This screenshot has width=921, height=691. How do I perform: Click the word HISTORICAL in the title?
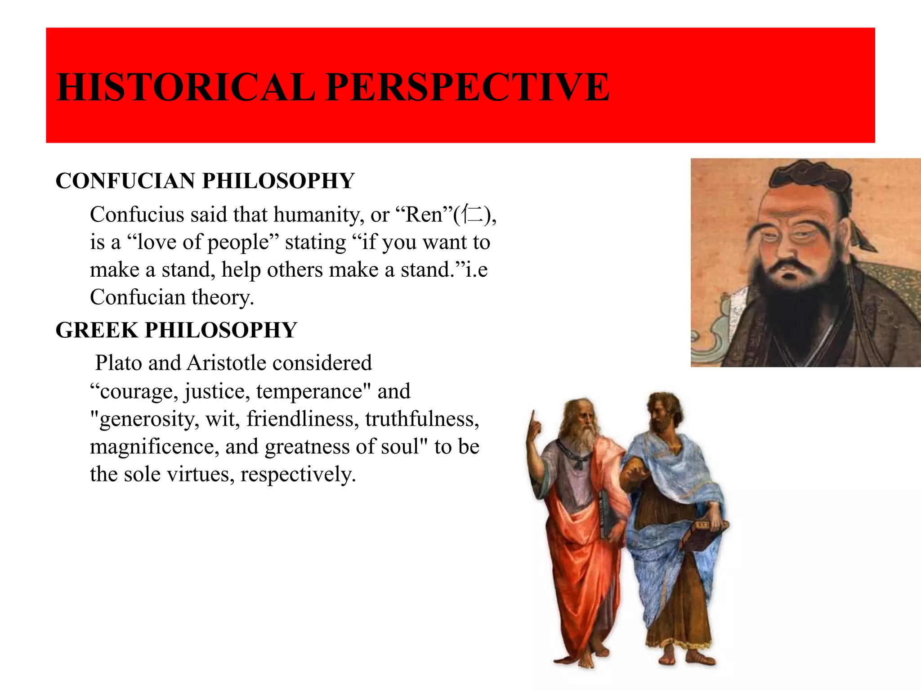pos(186,87)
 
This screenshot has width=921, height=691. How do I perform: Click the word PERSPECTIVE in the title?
pos(468,87)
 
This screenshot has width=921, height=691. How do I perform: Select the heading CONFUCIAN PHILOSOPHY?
pos(205,181)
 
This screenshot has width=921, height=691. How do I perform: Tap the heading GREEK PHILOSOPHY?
pos(176,330)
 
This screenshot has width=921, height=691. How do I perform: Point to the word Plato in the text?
pos(118,363)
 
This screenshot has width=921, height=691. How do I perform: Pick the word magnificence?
pos(154,447)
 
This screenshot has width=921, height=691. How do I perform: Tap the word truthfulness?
pos(422,419)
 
